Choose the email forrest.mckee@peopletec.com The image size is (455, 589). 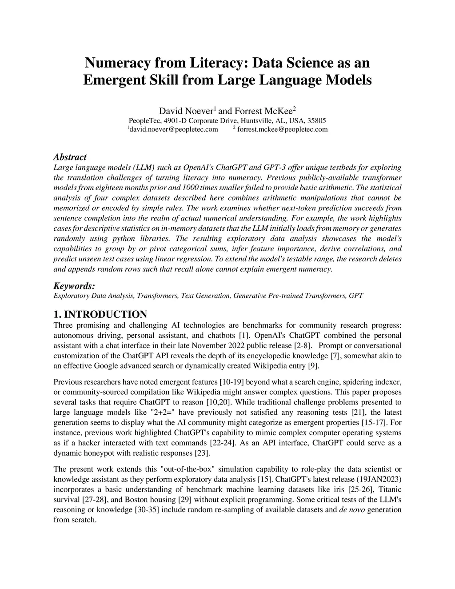click(x=282, y=129)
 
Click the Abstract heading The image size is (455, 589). click(x=70, y=157)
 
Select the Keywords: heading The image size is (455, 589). click(x=74, y=286)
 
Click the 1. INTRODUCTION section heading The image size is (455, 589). click(x=100, y=315)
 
